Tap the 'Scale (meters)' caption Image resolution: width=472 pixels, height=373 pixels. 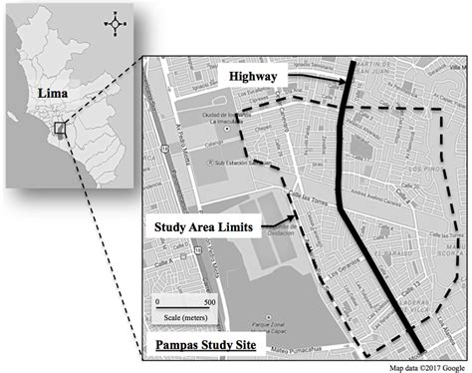[184, 316]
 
